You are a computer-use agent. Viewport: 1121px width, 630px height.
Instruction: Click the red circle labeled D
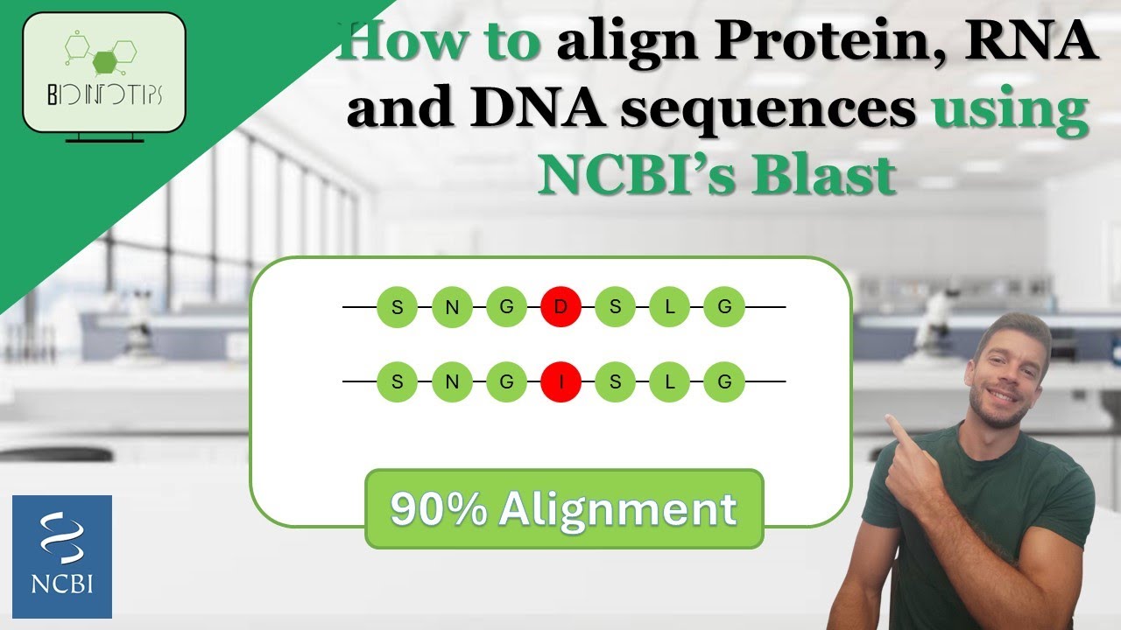[x=561, y=307]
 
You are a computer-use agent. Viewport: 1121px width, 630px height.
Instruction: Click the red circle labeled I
[x=561, y=382]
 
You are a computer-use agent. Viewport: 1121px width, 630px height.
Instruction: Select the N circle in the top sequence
[x=452, y=307]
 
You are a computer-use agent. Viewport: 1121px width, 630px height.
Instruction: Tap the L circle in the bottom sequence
[x=670, y=382]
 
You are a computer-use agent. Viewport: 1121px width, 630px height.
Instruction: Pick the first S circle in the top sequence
[x=398, y=307]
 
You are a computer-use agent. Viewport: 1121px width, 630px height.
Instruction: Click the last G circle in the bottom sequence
[x=724, y=382]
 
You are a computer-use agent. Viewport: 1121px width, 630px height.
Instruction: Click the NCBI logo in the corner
[x=62, y=556]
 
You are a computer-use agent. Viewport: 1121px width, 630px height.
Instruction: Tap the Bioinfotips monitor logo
[x=104, y=74]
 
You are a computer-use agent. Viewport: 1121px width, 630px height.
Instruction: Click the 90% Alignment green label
[x=564, y=509]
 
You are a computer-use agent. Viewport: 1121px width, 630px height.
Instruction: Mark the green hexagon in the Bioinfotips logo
[x=104, y=61]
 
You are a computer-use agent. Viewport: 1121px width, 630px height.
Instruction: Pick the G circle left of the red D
[x=506, y=307]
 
